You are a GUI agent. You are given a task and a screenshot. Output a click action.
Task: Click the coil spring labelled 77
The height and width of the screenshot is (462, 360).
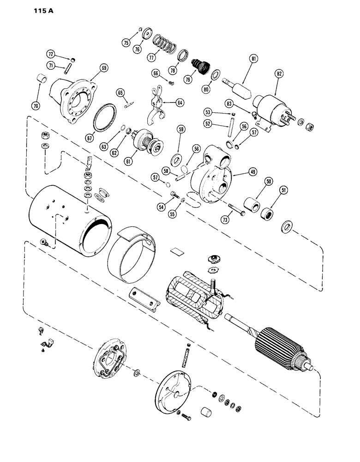(165, 45)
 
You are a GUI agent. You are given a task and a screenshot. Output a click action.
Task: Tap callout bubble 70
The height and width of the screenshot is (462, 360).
(36, 106)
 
